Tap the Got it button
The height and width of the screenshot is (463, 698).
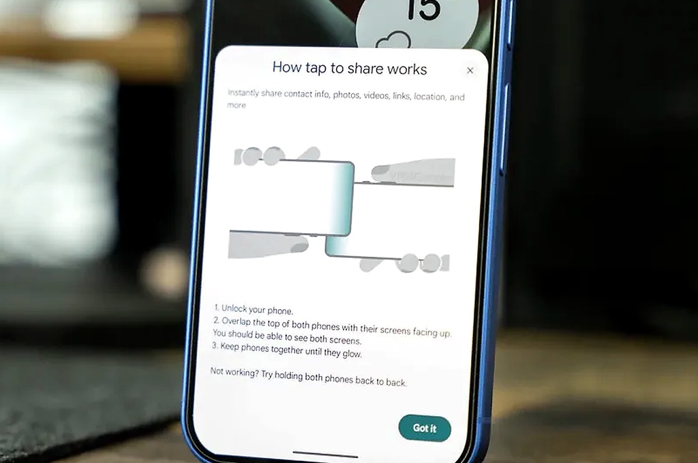click(425, 428)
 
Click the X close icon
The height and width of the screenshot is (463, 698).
click(470, 70)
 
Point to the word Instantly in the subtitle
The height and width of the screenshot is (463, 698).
click(243, 93)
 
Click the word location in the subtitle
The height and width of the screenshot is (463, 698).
click(429, 97)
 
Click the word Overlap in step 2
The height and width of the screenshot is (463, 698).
click(237, 321)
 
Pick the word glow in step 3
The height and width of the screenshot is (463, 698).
click(352, 353)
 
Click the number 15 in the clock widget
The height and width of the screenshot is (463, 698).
click(423, 9)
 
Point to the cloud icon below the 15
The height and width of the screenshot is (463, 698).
click(393, 40)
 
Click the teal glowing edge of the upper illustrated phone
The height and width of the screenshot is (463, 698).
click(343, 198)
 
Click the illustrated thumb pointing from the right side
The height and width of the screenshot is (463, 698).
click(412, 172)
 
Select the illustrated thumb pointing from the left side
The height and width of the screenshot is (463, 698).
click(268, 244)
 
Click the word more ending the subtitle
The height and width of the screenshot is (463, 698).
click(237, 105)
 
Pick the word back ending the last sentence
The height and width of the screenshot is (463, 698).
click(396, 382)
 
